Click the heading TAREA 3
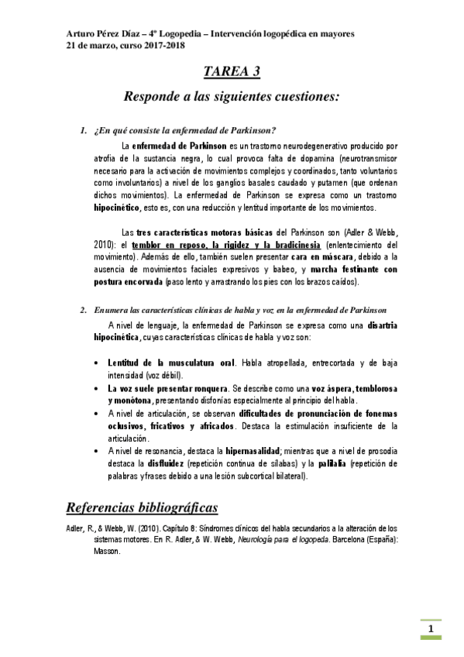point(231,72)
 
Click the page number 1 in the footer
point(430,628)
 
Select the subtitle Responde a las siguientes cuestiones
point(231,98)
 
